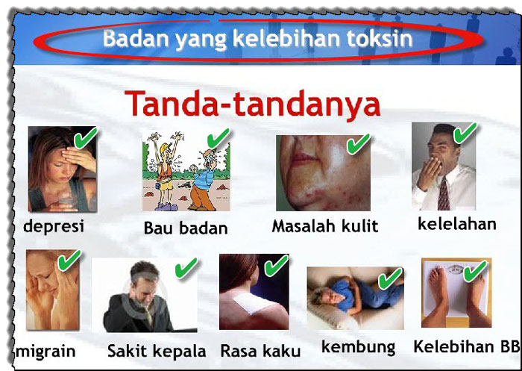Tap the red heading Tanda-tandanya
pos(252,104)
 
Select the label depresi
pos(54,227)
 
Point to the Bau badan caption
pos(186,228)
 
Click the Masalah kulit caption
pos(325,226)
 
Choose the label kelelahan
pos(457,224)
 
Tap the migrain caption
pos(45,352)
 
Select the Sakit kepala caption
pos(157,352)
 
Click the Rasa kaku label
pos(260,352)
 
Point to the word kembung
pos(359,347)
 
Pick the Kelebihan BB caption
pos(466,346)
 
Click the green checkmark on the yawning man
pos(465,133)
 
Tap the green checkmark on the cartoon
pos(218,138)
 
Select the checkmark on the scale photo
pos(475,271)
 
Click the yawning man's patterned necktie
pos(444,194)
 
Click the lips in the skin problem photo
pos(301,159)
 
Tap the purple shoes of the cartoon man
pos(166,207)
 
